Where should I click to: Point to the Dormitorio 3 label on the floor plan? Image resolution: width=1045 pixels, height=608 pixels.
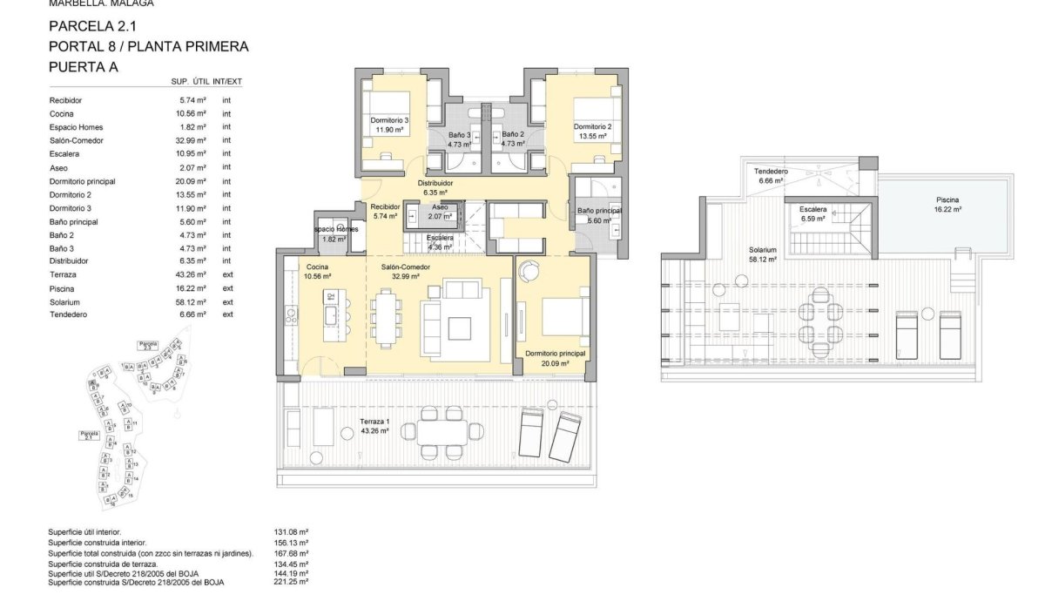[x=389, y=120]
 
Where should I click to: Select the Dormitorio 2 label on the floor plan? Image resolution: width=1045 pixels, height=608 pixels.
[x=592, y=126]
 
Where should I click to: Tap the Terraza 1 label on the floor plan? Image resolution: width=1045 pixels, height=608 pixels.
[x=375, y=421]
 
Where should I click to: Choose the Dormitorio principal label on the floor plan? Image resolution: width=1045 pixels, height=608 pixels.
[x=555, y=354]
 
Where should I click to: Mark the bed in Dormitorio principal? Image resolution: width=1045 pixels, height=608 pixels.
[x=566, y=318]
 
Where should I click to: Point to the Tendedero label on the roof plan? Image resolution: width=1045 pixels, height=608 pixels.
[x=770, y=172]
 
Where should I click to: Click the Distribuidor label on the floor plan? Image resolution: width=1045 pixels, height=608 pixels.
[x=435, y=183]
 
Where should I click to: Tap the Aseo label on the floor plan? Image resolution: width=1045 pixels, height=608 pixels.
[x=440, y=207]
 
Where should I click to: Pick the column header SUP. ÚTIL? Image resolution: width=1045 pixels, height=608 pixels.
[x=191, y=82]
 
